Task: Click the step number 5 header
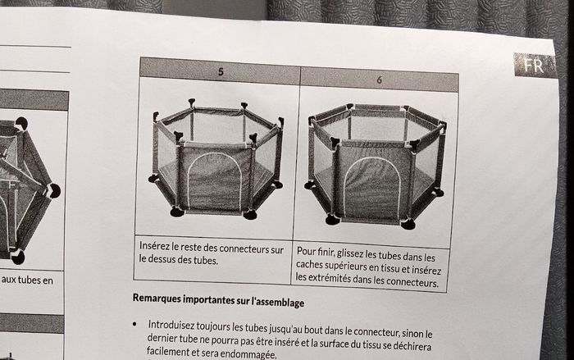(221, 72)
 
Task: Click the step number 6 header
(379, 80)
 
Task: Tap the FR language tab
(534, 66)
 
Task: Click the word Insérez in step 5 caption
(154, 246)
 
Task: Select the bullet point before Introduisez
(134, 324)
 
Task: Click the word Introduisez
(171, 325)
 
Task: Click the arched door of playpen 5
(215, 180)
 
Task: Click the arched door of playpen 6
(372, 187)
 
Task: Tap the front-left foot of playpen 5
(177, 212)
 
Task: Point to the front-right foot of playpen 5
(250, 215)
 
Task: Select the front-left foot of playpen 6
(333, 220)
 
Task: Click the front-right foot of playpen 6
(408, 224)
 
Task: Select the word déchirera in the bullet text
(412, 346)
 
